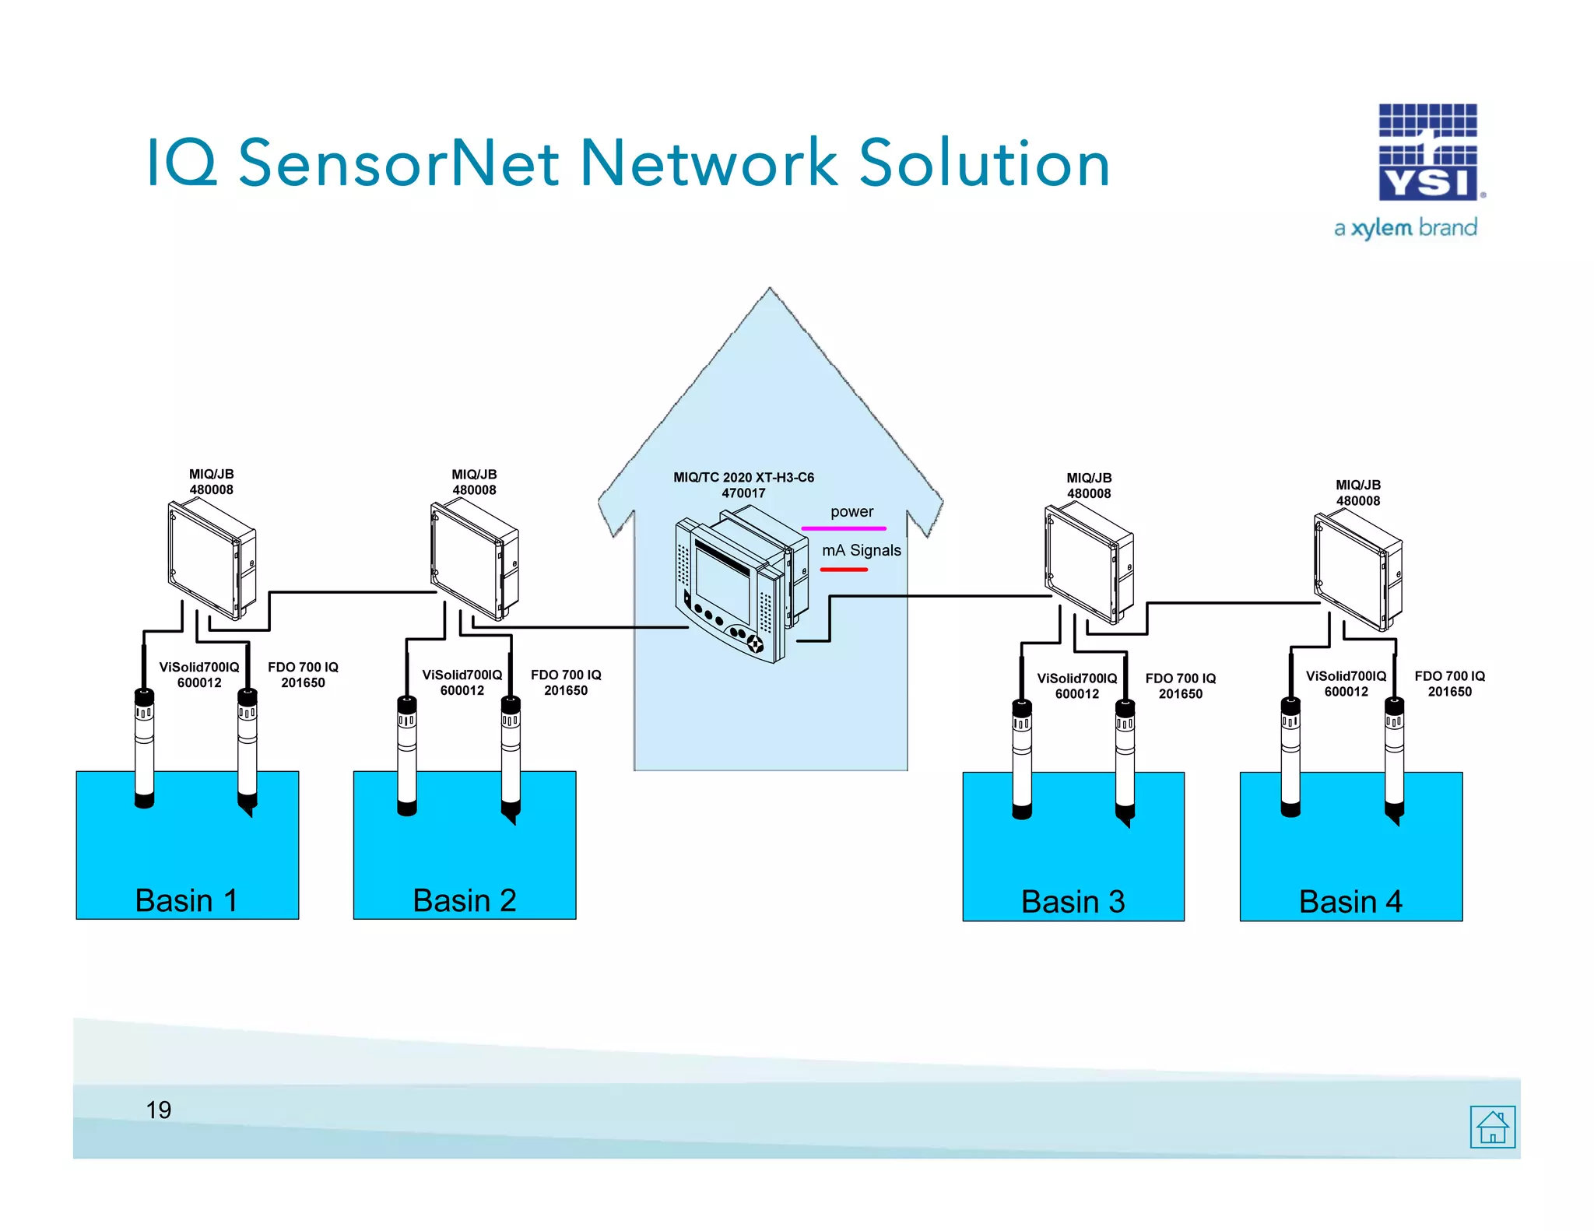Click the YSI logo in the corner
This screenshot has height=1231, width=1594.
pos(1428,153)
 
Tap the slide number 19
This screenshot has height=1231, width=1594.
pos(159,1110)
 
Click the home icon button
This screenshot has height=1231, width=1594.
pos(1492,1126)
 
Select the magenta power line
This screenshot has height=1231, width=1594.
pos(844,528)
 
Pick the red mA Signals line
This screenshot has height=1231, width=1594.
pos(844,570)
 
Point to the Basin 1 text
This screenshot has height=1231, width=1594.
pos(186,900)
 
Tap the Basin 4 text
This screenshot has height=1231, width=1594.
pos(1350,902)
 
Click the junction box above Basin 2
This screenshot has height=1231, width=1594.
pos(474,560)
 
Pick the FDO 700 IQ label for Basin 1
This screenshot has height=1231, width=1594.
pos(303,675)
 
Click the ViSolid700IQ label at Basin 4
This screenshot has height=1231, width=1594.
pos(1346,683)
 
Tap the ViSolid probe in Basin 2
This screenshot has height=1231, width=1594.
pos(407,755)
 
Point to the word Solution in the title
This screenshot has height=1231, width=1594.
pos(985,163)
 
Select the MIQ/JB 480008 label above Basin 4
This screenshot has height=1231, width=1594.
pos(1358,493)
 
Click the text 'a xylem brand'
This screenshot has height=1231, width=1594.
pos(1405,228)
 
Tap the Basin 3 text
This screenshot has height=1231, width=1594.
pos(1073,902)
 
